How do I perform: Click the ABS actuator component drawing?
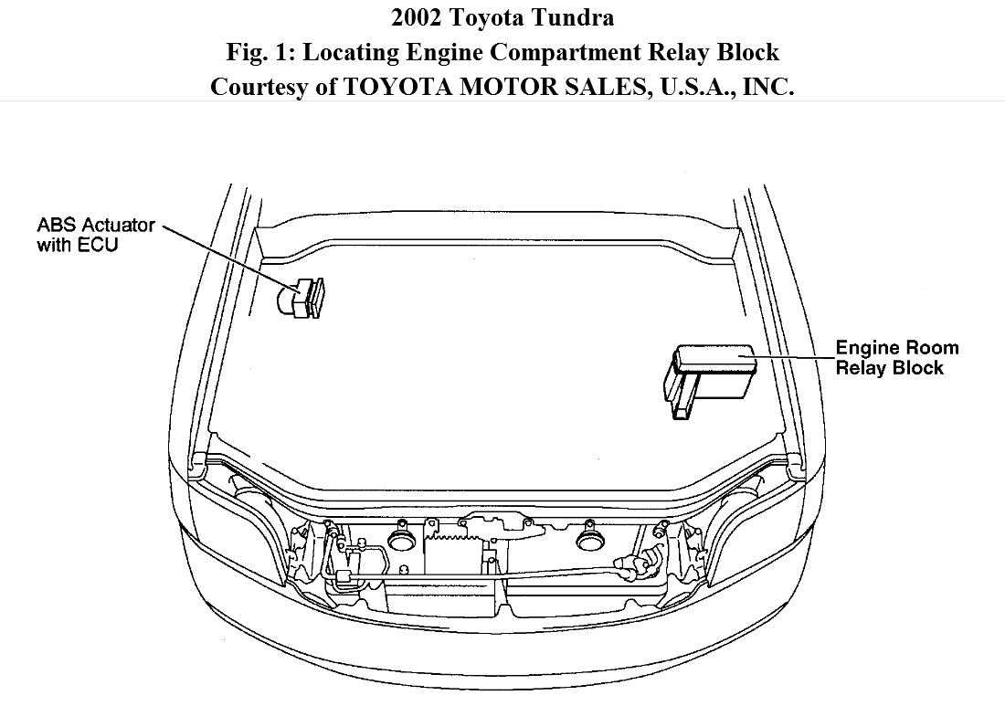pyautogui.click(x=301, y=298)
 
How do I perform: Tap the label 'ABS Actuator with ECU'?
pyautogui.click(x=96, y=235)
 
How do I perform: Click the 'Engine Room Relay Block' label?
pyautogui.click(x=897, y=357)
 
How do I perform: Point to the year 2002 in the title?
pyautogui.click(x=417, y=17)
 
